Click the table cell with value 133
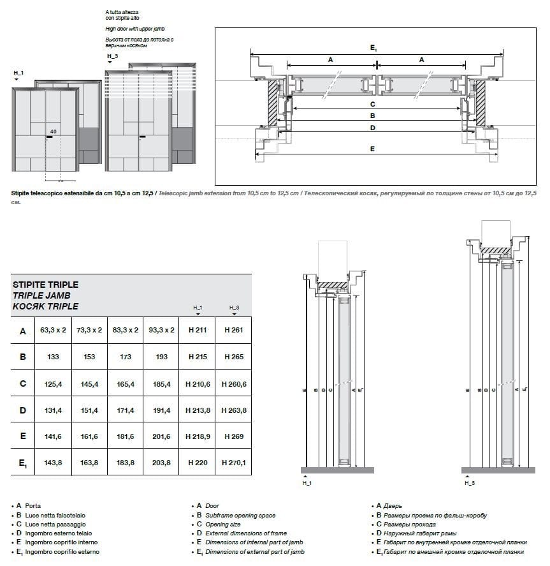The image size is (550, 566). pos(54,357)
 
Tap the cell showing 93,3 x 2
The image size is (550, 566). pos(161,331)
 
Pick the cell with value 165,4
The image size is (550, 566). pos(126,384)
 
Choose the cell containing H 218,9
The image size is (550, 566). pos(198,436)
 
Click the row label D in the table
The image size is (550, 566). pos(22,410)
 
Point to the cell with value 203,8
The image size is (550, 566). pos(161,462)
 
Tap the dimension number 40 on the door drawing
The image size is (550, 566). pos(53,131)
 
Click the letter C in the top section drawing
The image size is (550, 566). pos(372,103)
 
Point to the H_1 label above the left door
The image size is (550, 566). pos(18,74)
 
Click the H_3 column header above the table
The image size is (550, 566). pos(234,308)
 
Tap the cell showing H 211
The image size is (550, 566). pos(198,331)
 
